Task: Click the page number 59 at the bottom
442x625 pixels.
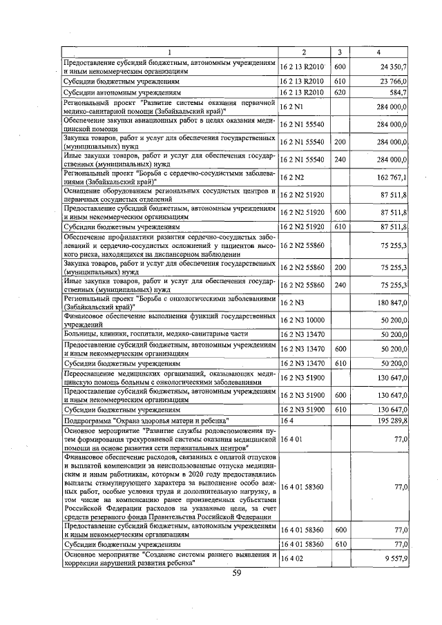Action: [236, 573]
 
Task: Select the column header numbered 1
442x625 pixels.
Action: [170, 52]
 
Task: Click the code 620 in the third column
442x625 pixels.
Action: [339, 92]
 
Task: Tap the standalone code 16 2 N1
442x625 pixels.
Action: [292, 106]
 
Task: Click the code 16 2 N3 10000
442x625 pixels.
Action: [302, 320]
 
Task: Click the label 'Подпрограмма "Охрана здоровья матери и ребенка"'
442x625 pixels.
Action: [146, 420]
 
